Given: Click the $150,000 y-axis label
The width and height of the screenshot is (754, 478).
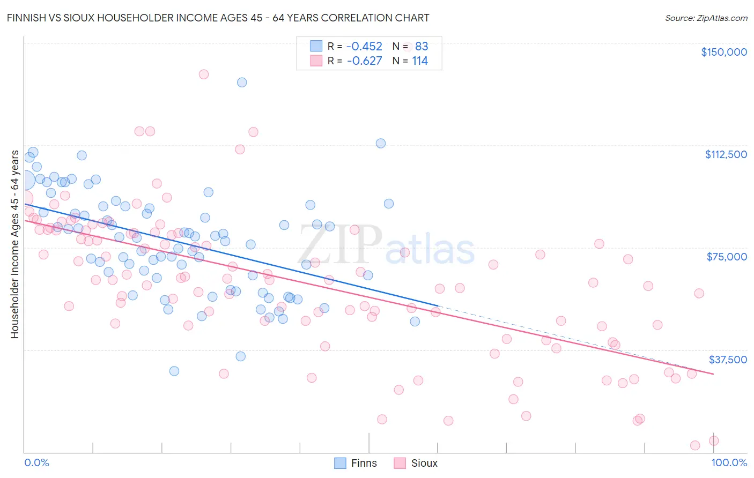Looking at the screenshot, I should pyautogui.click(x=723, y=52).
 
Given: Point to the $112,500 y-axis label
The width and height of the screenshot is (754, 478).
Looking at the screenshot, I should pyautogui.click(x=726, y=154).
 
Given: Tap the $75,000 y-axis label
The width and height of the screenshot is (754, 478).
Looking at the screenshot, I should pyautogui.click(x=727, y=257).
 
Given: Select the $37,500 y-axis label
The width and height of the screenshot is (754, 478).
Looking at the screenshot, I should pyautogui.click(x=728, y=360).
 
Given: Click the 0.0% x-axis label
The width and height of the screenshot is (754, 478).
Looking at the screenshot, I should pyautogui.click(x=36, y=462).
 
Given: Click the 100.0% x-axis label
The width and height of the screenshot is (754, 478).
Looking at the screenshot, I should pyautogui.click(x=729, y=462).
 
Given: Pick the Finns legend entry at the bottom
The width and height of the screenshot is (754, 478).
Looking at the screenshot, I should pyautogui.click(x=356, y=463).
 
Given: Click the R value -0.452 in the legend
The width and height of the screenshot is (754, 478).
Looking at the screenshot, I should pyautogui.click(x=364, y=47).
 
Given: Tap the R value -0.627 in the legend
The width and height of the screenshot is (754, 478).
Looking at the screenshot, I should pyautogui.click(x=364, y=61).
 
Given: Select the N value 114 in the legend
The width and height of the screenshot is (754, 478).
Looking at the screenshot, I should pyautogui.click(x=420, y=61).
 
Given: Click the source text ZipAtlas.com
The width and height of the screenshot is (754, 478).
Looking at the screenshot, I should pyautogui.click(x=706, y=18).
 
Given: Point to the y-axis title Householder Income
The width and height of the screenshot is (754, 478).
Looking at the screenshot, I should pyautogui.click(x=14, y=244).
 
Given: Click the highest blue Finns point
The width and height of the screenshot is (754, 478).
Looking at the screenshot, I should pyautogui.click(x=242, y=83).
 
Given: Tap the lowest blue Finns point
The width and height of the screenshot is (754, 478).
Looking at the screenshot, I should pyautogui.click(x=174, y=371).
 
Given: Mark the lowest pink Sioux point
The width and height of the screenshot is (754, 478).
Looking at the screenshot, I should pyautogui.click(x=695, y=445).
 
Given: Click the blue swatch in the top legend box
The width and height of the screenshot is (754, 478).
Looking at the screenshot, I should pyautogui.click(x=316, y=47).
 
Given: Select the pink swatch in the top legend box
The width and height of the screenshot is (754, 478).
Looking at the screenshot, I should pyautogui.click(x=316, y=61).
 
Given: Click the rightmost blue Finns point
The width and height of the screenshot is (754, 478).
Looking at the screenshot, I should pyautogui.click(x=415, y=322).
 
